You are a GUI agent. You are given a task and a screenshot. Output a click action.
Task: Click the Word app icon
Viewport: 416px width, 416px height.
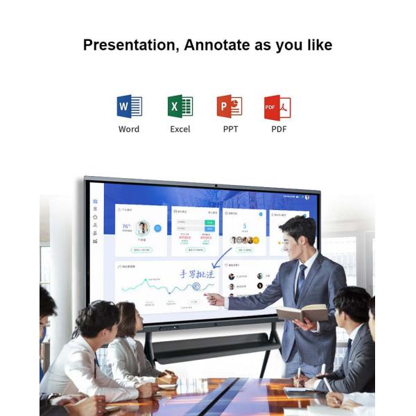(129, 107)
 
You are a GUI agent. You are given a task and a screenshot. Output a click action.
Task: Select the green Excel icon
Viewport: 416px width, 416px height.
(180, 107)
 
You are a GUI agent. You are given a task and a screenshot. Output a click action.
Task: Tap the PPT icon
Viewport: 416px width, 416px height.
(229, 107)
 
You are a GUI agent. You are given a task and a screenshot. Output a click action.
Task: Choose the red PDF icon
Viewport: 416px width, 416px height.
(277, 107)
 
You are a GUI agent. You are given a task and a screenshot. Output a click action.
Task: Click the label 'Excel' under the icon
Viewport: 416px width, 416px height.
(180, 129)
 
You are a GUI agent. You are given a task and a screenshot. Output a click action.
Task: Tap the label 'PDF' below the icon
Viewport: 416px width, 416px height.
(279, 129)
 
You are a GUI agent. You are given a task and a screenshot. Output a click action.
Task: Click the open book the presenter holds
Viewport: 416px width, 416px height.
(302, 313)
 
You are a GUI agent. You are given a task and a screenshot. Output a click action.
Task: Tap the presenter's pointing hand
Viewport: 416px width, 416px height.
(212, 299)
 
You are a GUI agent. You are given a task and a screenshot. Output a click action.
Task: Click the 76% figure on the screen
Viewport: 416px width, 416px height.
(127, 226)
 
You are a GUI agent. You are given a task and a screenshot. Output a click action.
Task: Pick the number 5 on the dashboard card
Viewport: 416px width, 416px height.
(245, 226)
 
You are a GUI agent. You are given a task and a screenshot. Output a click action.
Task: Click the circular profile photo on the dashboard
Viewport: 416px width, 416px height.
(143, 227)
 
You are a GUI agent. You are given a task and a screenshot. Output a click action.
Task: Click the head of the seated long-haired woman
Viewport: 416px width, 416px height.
(125, 318)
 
